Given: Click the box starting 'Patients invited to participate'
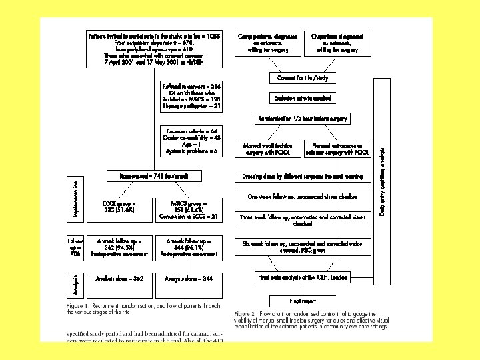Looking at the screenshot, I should [x=155, y=48].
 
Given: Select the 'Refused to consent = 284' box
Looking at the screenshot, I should [x=191, y=96].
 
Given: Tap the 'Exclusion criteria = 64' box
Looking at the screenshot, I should [x=191, y=141].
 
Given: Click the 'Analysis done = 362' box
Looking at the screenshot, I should [x=119, y=279].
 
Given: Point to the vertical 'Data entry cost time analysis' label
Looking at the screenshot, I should [x=383, y=181].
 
